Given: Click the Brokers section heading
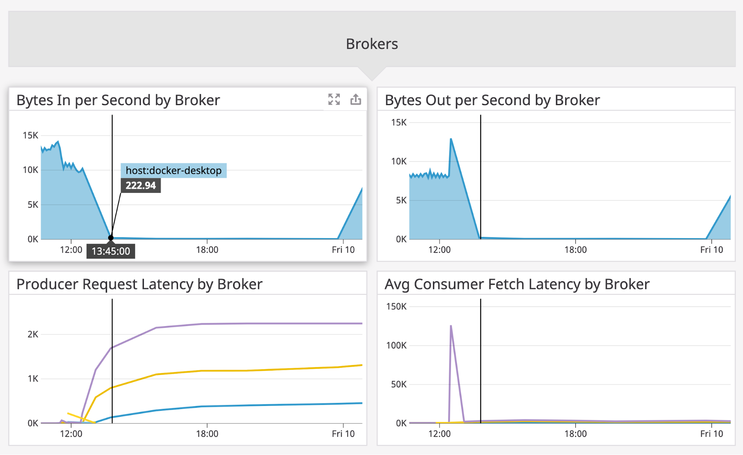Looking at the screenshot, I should point(372,44).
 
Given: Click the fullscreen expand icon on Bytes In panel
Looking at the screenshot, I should point(334,99).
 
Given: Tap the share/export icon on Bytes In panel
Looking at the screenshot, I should point(356,99).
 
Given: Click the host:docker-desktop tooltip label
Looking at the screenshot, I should point(174,170).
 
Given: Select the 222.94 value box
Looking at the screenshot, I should point(140,185).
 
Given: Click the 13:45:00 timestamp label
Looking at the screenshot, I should point(111,251).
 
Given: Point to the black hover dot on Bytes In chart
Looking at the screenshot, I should point(111,238).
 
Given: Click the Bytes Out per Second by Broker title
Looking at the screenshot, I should point(492,100).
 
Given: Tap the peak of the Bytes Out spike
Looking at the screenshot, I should point(451,139).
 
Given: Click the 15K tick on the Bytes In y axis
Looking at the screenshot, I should point(30,135).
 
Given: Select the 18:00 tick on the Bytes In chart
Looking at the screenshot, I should point(207,250).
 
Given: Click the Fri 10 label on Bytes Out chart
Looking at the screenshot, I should point(711,250).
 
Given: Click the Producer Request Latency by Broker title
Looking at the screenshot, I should point(139,284).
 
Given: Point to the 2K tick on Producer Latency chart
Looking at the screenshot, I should point(33,334).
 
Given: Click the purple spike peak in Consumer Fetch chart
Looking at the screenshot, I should point(451,326).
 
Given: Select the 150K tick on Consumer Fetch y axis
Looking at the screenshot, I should point(396,306).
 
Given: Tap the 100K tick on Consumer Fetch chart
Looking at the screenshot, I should point(396,345).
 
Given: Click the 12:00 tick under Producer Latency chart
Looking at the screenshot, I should point(71,433).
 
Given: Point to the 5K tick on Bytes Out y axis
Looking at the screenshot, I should point(401,200).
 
